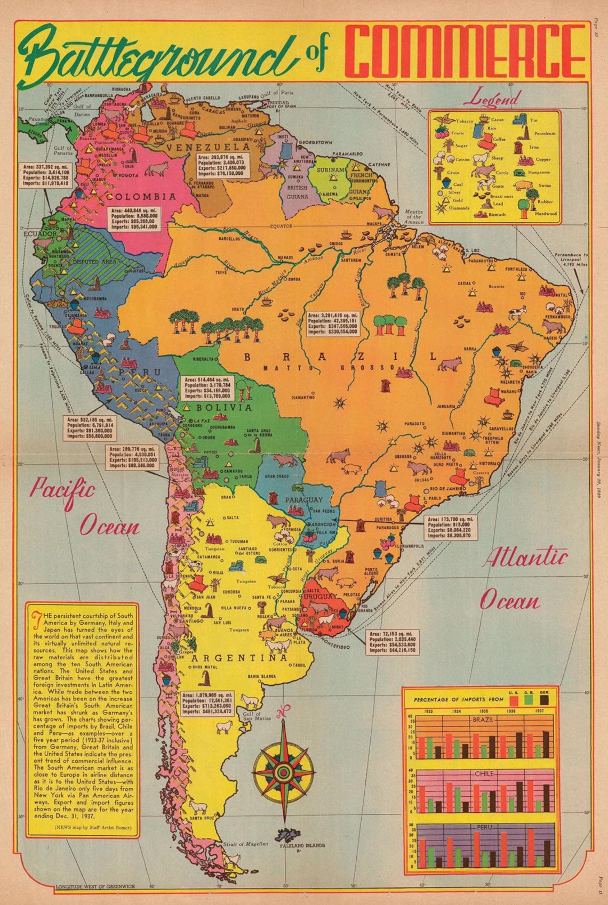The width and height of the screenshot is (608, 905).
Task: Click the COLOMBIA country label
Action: click(148, 197)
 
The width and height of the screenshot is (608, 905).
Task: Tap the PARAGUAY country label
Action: click(304, 499)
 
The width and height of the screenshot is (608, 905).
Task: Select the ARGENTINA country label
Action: click(239, 658)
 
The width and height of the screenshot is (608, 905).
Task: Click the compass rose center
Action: click(283, 771)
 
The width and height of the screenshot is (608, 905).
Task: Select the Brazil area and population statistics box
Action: click(332, 324)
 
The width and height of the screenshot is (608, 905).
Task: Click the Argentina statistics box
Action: click(207, 703)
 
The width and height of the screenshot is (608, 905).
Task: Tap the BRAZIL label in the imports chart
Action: click(484, 720)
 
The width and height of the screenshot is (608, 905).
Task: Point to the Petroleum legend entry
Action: click(545, 133)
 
